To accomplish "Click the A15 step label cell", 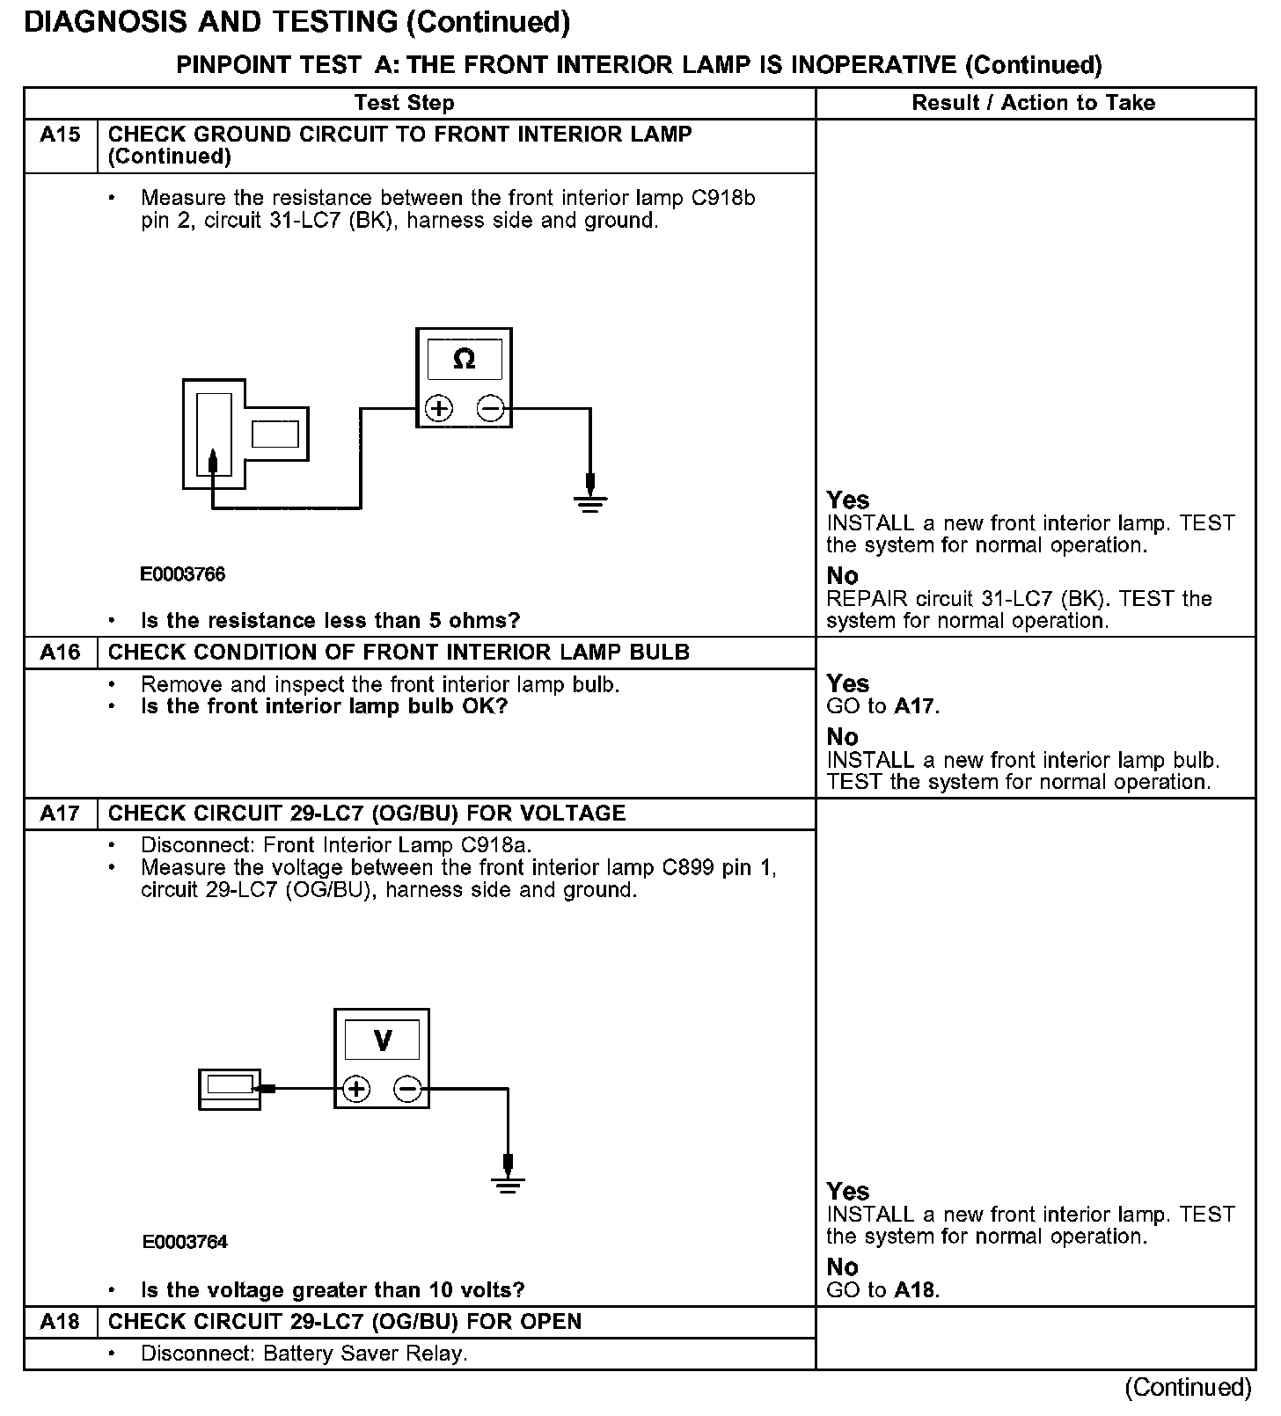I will pyautogui.click(x=60, y=135).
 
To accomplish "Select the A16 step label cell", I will pyautogui.click(x=60, y=653).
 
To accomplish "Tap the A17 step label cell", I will pyautogui.click(x=60, y=814).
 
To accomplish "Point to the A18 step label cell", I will pyautogui.click(x=60, y=1322).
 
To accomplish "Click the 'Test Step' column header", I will pyautogui.click(x=404, y=103).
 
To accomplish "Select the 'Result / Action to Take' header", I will pyautogui.click(x=1033, y=103).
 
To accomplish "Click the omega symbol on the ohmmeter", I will pyautogui.click(x=464, y=359).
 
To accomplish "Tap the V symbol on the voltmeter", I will pyautogui.click(x=383, y=1040).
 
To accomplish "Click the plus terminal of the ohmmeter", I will pyautogui.click(x=438, y=409).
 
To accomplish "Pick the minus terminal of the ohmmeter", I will pyautogui.click(x=490, y=409).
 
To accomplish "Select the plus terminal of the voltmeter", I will pyautogui.click(x=355, y=1090).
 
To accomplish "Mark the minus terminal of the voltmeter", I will pyautogui.click(x=407, y=1090).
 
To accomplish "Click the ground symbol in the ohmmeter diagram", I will pyautogui.click(x=590, y=502).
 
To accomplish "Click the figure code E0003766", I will pyautogui.click(x=183, y=574).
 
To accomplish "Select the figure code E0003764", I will pyautogui.click(x=185, y=1242).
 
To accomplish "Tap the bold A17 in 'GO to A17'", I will pyautogui.click(x=915, y=706).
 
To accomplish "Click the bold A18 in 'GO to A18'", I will pyautogui.click(x=916, y=1290).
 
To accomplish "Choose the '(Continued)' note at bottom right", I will pyautogui.click(x=1188, y=1387).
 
